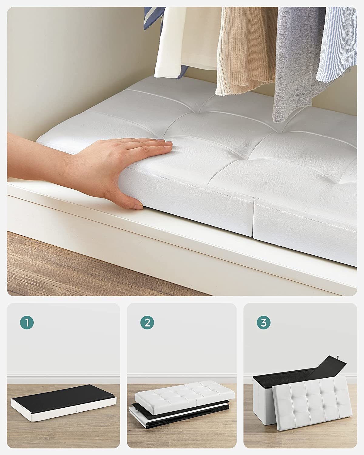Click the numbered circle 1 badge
(x=27, y=323)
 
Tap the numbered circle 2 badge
(x=147, y=323)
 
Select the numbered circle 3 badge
(x=264, y=323)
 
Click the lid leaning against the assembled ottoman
(x=312, y=400)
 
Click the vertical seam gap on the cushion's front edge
(x=254, y=218)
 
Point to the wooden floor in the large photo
(x=61, y=267)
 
